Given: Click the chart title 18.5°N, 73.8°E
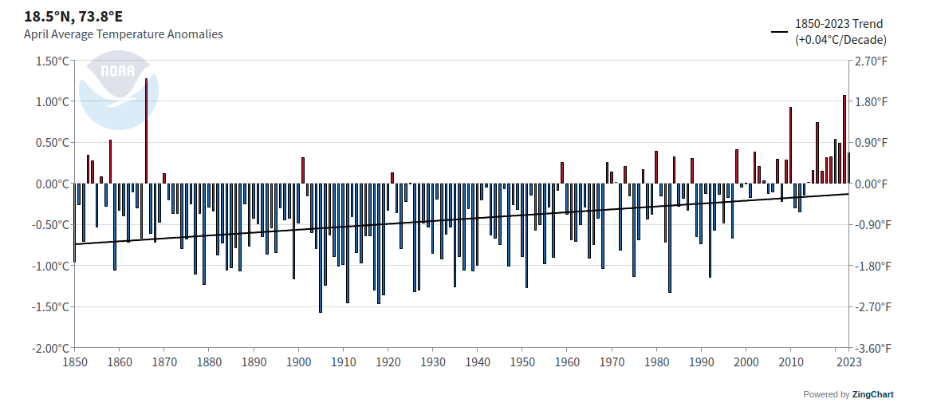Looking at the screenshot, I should point(73,16).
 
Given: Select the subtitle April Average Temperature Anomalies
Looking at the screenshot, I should point(124,34).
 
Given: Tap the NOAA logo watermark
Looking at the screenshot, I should point(118,89).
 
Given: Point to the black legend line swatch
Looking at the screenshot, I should point(779,32).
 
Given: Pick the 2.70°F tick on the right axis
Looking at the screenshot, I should point(871,61).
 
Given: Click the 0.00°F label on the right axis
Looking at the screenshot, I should point(871,184).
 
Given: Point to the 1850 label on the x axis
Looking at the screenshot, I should point(74,362).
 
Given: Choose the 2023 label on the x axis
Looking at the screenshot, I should point(848,362).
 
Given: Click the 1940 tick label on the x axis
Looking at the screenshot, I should point(477,362).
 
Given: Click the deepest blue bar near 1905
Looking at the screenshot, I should point(321,247).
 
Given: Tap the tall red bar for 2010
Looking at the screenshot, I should point(790,145).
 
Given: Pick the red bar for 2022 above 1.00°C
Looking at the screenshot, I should point(844,140).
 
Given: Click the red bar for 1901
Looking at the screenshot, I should point(303,170).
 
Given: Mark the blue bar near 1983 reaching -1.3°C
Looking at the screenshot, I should point(669,238).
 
